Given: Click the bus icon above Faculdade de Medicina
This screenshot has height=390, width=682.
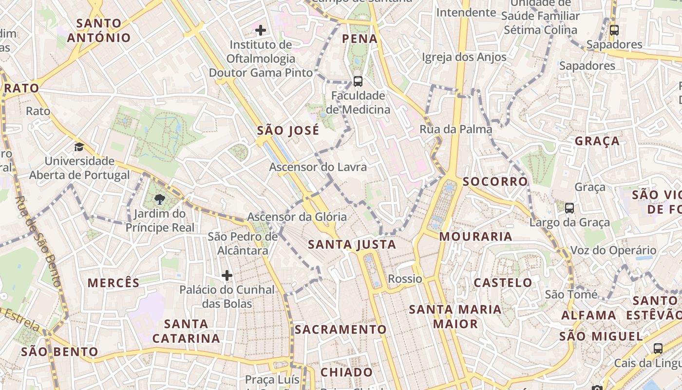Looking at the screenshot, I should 358,81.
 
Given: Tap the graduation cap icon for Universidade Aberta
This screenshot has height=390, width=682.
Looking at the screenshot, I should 79,147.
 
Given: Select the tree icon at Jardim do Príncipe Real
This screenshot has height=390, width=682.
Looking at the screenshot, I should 159,199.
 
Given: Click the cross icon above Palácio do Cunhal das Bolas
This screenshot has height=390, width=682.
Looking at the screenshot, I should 227,275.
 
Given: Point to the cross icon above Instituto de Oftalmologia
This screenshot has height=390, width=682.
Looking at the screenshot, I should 261,30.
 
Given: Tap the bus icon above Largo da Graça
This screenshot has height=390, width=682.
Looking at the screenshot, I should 569,208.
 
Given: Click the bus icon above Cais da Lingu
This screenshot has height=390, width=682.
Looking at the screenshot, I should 658,349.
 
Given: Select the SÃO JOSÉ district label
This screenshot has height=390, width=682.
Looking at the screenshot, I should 288,131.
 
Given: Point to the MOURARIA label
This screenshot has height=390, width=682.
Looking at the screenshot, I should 475,237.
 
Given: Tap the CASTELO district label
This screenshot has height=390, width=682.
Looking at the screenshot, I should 503,283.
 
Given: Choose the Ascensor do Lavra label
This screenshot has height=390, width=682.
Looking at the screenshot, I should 318,167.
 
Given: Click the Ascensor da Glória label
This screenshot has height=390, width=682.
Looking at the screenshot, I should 297,217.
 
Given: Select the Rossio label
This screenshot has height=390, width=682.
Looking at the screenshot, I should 405,279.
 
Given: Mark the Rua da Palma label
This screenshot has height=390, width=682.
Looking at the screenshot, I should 455,129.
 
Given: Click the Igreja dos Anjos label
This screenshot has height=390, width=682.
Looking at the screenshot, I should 464,57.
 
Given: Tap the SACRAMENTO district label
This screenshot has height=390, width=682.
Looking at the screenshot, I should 340,330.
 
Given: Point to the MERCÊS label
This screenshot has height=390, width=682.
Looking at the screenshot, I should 114,283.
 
